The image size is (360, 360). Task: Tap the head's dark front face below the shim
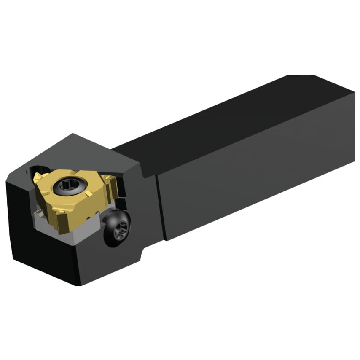(x=42, y=257)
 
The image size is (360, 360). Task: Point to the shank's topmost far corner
(x=314, y=76)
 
